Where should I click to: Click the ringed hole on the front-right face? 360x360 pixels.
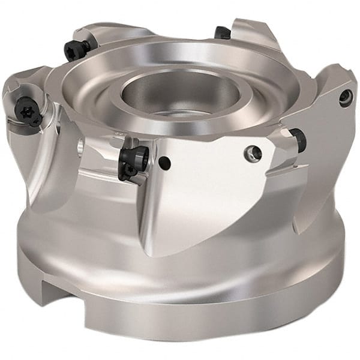click(253, 154)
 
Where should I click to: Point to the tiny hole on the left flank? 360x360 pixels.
click(80, 146)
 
